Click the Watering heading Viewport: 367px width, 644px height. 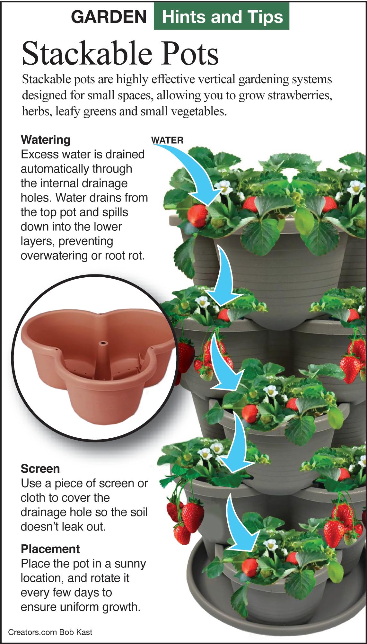(45, 140)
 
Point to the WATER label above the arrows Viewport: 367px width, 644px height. (167, 140)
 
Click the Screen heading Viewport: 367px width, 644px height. (40, 469)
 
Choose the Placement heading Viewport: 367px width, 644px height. (50, 549)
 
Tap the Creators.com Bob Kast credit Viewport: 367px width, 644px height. (50, 632)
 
